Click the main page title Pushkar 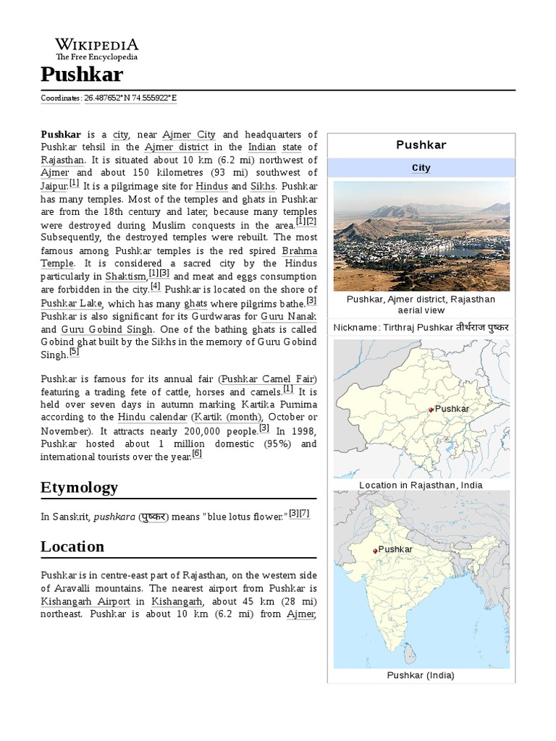click(82, 74)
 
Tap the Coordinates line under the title click(109, 98)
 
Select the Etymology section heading click(79, 487)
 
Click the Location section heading click(72, 546)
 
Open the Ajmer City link click(189, 135)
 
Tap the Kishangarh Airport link click(85, 601)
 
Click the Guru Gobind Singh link click(107, 329)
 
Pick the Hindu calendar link click(152, 418)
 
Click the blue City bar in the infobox click(421, 168)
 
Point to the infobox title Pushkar click(421, 145)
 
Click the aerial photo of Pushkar click(421, 236)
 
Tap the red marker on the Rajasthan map click(430, 410)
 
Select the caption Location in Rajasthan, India click(421, 485)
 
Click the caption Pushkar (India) click(421, 676)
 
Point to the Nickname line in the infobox click(421, 328)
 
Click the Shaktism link click(126, 276)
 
